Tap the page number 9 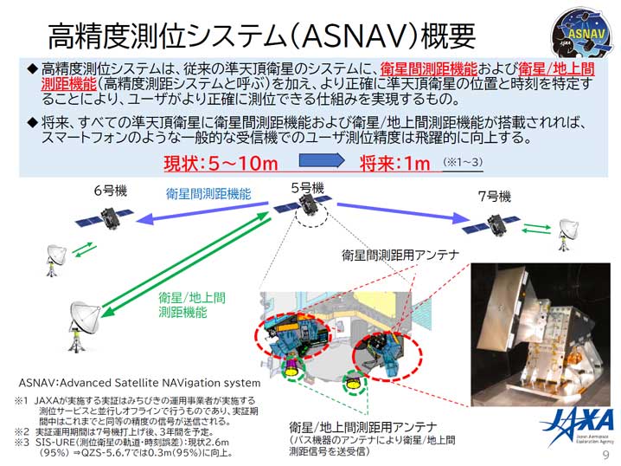pyautogui.click(x=605, y=455)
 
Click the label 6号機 pyautogui.click(x=109, y=191)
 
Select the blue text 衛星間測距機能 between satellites pyautogui.click(x=209, y=194)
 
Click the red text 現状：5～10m pyautogui.click(x=221, y=162)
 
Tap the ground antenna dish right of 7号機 pyautogui.click(x=568, y=228)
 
